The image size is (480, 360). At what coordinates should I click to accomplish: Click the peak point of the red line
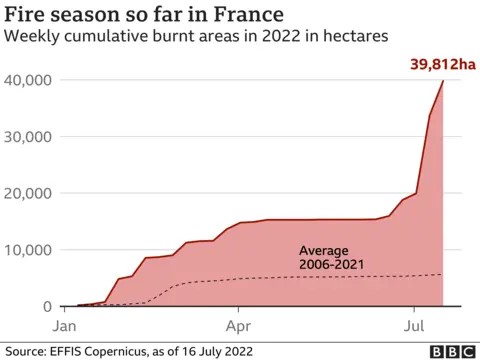[x=443, y=81]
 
